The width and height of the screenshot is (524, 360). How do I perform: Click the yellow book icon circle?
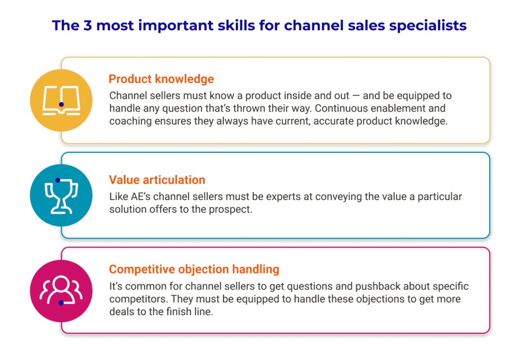tap(61, 100)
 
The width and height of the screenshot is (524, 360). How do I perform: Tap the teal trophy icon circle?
tap(61, 195)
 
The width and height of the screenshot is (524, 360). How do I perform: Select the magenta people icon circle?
tap(61, 290)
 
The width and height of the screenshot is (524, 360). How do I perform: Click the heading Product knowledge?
tap(161, 79)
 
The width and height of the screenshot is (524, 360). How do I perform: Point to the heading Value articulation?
tap(157, 180)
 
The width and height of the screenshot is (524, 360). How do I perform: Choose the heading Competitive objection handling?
tap(194, 269)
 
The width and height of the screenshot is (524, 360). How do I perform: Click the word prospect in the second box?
tap(233, 210)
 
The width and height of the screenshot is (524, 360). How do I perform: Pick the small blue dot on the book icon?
tap(61, 104)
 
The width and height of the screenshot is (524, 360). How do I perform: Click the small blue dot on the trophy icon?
tap(58, 180)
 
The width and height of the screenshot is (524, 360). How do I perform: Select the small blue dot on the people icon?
tap(61, 303)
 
